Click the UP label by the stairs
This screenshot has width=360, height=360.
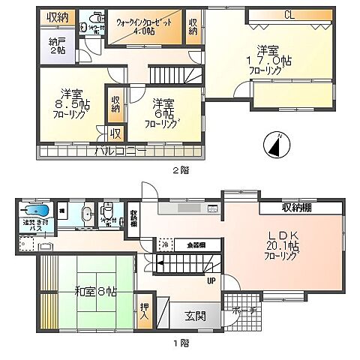tap(211, 282)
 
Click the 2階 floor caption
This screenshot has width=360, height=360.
tap(179, 169)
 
